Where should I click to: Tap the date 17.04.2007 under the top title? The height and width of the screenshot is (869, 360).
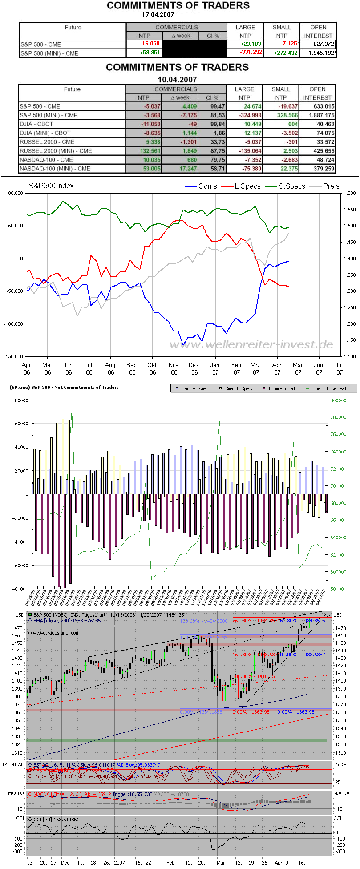pos(158,15)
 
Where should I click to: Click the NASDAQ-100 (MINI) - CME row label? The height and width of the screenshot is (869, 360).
pos(55,169)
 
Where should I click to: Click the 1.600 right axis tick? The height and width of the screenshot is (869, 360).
pos(349,193)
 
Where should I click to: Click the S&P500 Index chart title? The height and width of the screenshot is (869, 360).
pos(51,186)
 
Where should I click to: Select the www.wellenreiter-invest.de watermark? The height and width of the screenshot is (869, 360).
pos(251,344)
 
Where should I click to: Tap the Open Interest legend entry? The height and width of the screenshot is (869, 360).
pos(330,388)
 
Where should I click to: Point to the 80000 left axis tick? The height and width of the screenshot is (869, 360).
pos(21,400)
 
